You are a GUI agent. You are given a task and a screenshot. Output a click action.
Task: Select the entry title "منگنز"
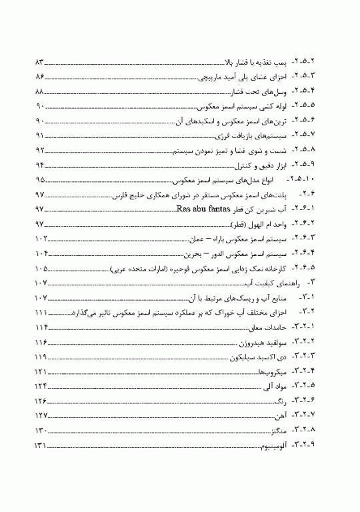[x=281, y=431]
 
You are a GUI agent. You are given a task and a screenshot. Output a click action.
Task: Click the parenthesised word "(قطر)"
[x=238, y=224]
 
